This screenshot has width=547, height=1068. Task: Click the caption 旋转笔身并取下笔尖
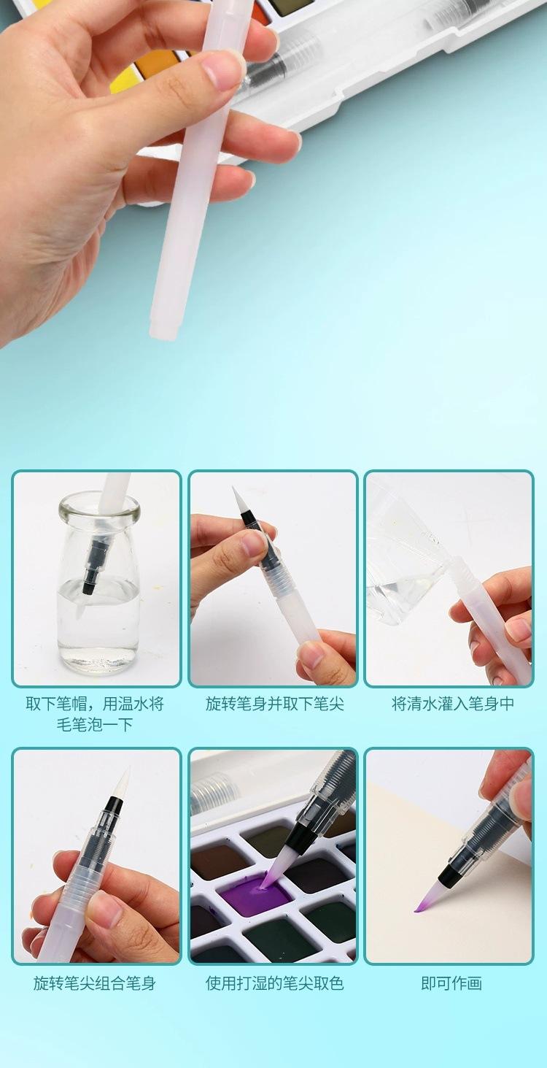click(274, 704)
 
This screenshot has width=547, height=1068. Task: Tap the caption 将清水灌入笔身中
click(453, 704)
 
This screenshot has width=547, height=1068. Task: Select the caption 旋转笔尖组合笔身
click(94, 983)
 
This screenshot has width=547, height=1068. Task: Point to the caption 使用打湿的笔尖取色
click(274, 983)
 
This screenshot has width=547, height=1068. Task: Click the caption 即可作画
click(451, 983)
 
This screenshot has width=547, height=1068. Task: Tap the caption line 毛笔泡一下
click(94, 725)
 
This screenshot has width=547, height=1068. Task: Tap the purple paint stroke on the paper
click(422, 907)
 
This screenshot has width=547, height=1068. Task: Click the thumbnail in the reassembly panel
click(106, 909)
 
